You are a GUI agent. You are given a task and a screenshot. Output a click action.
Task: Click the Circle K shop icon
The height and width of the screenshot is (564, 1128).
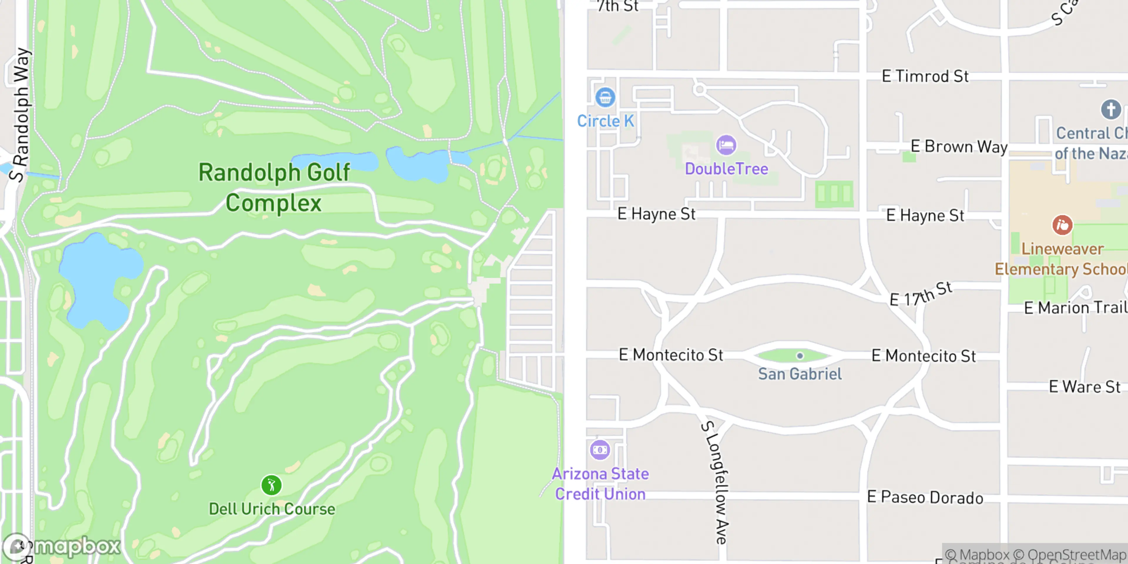pos(605,97)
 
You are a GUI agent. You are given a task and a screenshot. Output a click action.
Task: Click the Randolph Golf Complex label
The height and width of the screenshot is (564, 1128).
pos(274,187)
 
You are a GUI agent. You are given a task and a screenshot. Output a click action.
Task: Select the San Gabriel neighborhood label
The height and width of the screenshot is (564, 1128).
pos(800,374)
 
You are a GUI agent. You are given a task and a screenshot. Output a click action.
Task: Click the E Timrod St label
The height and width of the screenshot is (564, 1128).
pos(925,76)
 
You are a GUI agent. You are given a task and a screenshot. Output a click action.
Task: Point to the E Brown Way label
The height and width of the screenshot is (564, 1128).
pos(959,146)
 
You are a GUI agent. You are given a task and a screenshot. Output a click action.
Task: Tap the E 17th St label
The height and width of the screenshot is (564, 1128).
pos(921,294)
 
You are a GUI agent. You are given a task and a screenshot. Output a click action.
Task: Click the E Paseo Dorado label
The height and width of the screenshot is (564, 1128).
pos(925,497)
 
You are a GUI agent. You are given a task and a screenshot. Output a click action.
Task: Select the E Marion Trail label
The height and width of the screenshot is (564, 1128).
pos(1075,308)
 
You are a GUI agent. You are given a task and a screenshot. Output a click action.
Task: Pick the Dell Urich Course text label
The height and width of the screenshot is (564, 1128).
pos(271,509)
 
